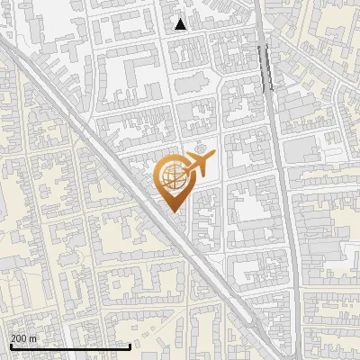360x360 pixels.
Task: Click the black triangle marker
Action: click(181, 24)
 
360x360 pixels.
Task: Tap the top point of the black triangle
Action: click(181, 18)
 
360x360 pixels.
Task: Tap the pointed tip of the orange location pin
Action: click(173, 211)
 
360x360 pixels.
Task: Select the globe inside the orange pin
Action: click(173, 177)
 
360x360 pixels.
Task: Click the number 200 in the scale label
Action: click(20, 338)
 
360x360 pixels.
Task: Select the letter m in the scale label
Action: click(33, 338)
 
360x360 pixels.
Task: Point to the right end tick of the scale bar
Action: click(131, 345)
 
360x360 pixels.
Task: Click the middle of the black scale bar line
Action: click(70, 346)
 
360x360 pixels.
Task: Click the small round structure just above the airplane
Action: click(200, 147)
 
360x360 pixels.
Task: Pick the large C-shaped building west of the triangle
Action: click(126, 72)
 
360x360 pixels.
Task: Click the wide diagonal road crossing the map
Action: click(108, 153)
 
